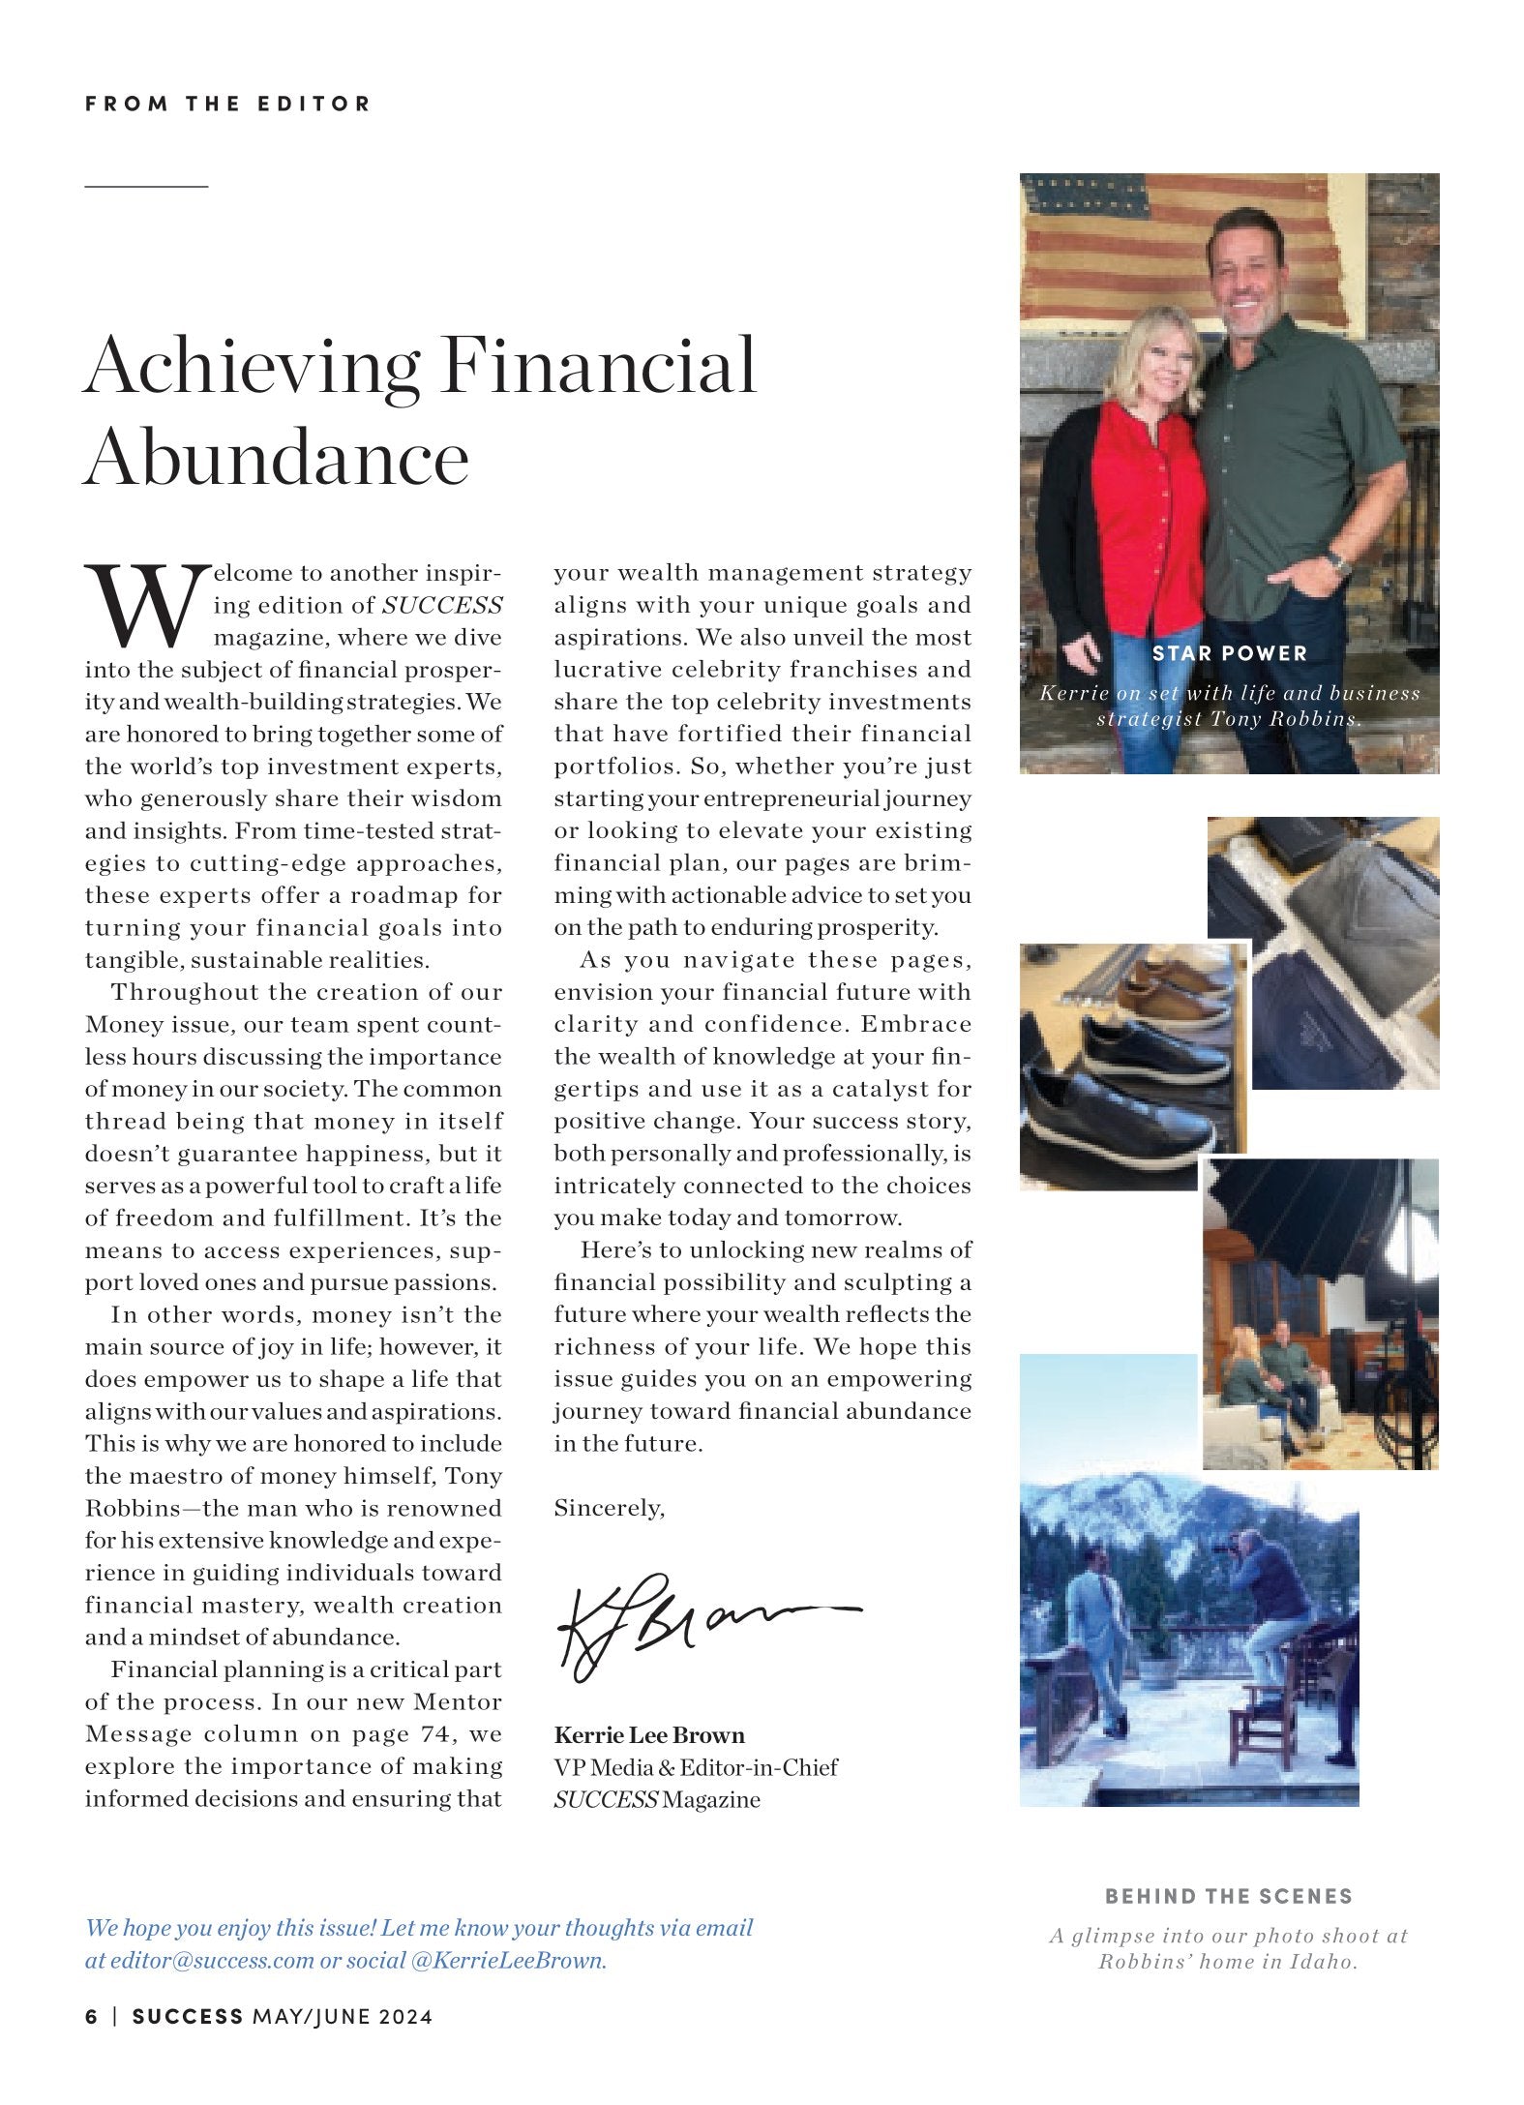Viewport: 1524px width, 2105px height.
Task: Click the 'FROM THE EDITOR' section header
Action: click(x=227, y=104)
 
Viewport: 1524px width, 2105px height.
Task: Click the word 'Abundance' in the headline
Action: click(x=277, y=458)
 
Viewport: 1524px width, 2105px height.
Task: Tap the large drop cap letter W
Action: click(x=146, y=606)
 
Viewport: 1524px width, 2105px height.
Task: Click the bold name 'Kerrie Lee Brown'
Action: click(x=649, y=1735)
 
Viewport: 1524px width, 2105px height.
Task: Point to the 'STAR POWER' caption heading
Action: click(x=1229, y=653)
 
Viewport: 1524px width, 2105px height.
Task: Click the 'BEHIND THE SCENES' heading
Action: click(x=1229, y=1896)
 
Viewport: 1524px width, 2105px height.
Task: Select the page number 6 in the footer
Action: click(x=91, y=2017)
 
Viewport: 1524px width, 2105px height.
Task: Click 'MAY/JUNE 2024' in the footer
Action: click(x=342, y=2017)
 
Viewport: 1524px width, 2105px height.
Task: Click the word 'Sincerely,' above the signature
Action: click(x=609, y=1508)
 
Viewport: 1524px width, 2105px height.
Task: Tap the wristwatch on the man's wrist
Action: click(x=1338, y=560)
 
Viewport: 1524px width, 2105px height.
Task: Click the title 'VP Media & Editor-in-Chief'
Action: click(x=696, y=1767)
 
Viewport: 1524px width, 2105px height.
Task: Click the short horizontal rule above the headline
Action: click(x=146, y=184)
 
